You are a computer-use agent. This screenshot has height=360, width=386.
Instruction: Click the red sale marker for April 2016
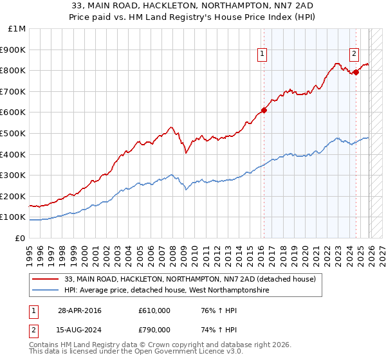coord(264,110)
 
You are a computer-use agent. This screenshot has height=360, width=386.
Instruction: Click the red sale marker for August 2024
coord(356,72)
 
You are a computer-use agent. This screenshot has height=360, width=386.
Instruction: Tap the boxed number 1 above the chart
coord(263,55)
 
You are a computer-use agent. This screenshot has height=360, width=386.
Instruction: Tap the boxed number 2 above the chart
coord(354,55)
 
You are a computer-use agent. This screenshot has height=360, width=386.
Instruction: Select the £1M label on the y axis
coord(17,29)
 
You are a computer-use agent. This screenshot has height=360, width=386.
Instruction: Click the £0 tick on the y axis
coord(20,238)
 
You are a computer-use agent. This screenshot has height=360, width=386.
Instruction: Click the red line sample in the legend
coord(46,280)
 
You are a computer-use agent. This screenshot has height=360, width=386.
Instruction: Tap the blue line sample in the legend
coord(46,291)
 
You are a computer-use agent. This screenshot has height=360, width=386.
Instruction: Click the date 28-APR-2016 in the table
coord(79,310)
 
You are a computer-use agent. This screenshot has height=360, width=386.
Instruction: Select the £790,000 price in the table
coord(154,331)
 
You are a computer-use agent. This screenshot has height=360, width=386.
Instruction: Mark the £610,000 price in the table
coord(154,310)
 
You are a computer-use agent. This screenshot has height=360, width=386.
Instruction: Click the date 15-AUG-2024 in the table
coord(80,331)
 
